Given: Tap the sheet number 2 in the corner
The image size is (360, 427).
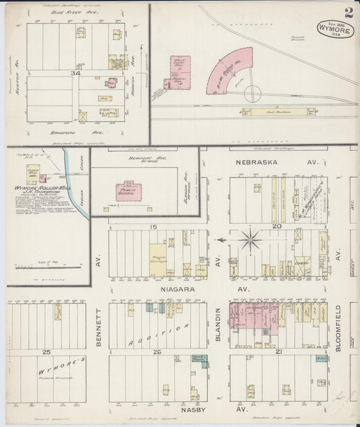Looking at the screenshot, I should [x=348, y=12].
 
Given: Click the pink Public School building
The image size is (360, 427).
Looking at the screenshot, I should [x=127, y=191].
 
